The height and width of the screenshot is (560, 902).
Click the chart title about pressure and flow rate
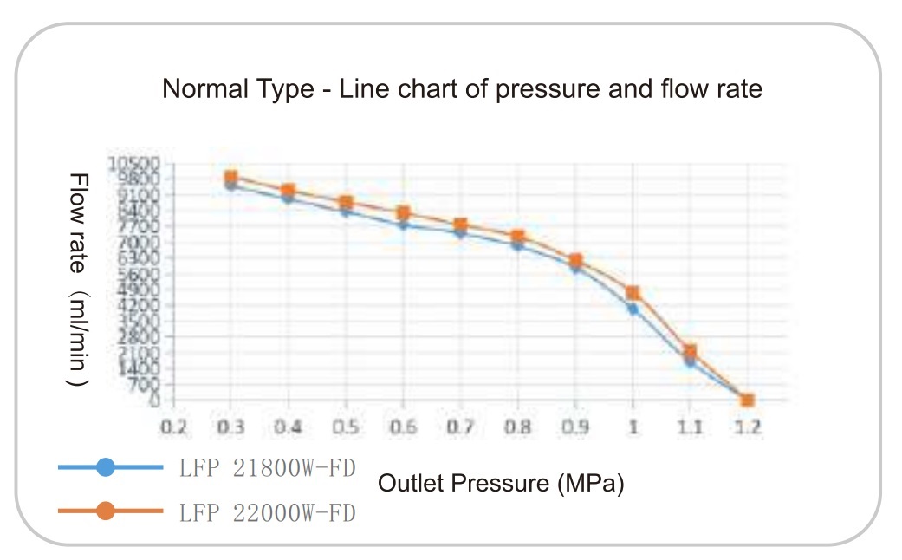(x=462, y=88)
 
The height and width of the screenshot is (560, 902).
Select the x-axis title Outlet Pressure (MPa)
(x=501, y=483)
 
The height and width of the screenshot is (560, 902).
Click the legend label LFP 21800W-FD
(x=268, y=468)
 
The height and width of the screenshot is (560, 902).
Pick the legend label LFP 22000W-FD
(x=268, y=511)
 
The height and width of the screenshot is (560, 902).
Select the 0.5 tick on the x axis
(x=346, y=427)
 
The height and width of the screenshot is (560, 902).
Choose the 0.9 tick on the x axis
(x=575, y=427)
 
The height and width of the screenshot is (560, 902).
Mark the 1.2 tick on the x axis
(x=747, y=427)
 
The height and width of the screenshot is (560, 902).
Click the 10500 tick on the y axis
(x=133, y=162)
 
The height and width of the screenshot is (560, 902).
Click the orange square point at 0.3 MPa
(x=230, y=177)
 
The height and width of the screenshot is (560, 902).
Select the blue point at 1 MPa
(x=633, y=309)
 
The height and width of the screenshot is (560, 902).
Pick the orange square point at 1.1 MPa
(x=690, y=351)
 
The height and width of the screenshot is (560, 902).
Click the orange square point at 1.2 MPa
(x=747, y=400)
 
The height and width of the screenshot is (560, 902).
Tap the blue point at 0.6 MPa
(x=403, y=225)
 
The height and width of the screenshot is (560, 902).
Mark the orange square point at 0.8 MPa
(x=517, y=236)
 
